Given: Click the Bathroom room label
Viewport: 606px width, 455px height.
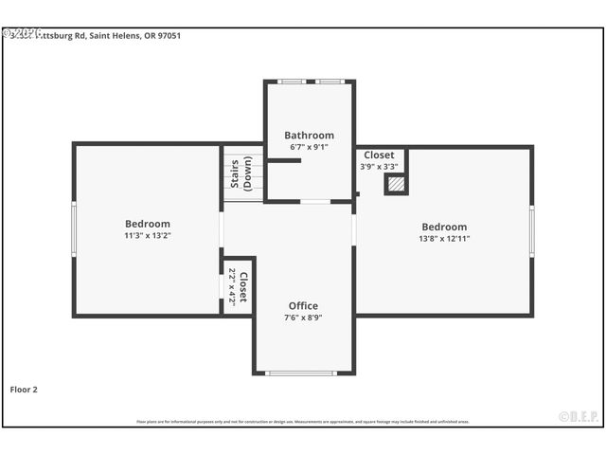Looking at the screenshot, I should click(309, 136).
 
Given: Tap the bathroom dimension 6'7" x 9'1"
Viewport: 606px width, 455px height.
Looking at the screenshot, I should click(309, 148).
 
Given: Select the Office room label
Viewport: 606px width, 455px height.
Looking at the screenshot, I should click(303, 306).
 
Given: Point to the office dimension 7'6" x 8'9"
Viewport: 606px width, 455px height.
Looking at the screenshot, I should click(303, 318).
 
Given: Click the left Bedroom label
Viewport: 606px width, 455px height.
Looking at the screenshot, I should click(147, 224).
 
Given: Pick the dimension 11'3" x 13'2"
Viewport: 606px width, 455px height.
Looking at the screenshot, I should click(147, 236).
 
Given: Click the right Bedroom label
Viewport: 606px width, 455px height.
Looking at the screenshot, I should click(444, 227).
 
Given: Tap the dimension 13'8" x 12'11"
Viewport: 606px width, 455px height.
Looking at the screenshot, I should click(444, 239).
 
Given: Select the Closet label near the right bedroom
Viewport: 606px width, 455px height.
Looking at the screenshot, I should click(379, 155).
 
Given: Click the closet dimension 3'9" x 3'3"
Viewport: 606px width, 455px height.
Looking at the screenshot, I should click(379, 167).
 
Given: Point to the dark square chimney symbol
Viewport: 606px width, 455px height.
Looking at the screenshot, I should click(396, 184).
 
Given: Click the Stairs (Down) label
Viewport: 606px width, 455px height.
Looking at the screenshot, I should click(241, 173).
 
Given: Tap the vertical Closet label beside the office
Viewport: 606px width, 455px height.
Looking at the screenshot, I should click(242, 285).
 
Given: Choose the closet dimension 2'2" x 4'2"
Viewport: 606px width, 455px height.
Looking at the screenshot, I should click(231, 285).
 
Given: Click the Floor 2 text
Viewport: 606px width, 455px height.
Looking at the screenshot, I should click(24, 390).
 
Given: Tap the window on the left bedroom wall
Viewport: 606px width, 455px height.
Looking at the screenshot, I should click(74, 228).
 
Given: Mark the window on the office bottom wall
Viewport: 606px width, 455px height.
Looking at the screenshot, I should click(301, 373).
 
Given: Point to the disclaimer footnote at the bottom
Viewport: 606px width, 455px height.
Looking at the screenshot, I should click(303, 422).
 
